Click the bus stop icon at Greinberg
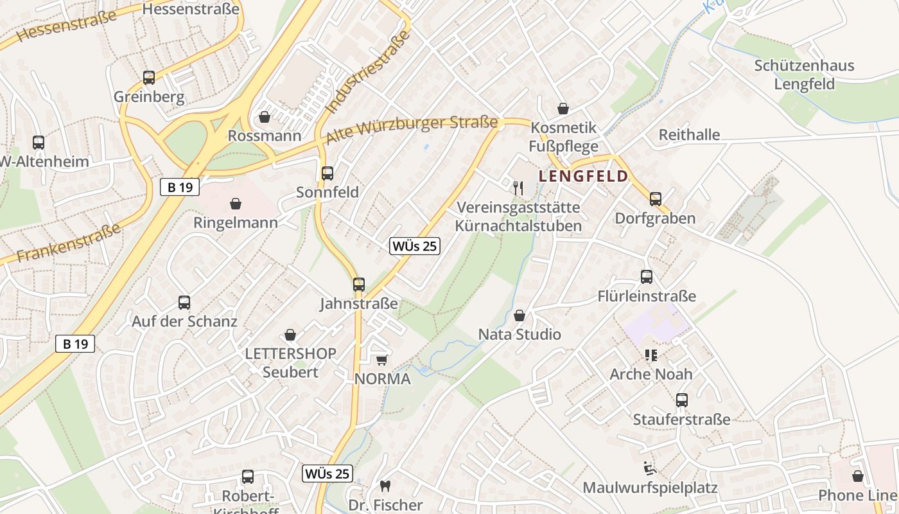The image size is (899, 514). tap(149, 78)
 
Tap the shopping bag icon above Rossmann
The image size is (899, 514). tap(264, 117)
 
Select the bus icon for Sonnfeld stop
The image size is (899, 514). tap(327, 173)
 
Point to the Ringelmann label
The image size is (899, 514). tap(236, 223)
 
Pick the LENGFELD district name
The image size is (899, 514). tap(583, 176)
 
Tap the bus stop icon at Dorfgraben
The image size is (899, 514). tap(655, 199)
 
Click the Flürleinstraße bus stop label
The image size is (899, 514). tap(646, 296)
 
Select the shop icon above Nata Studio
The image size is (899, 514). tap(519, 315)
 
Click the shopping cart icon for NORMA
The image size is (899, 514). tap(382, 360)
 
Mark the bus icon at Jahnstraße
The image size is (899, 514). tap(359, 284)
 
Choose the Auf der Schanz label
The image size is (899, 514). tap(184, 321)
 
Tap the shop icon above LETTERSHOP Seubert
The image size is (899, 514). tap(290, 335)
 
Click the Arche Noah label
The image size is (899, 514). tap(650, 374)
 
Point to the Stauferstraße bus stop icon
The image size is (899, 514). tap(682, 400)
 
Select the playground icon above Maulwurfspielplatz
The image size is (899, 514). tap(649, 468)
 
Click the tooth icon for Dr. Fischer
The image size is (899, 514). tap(385, 486)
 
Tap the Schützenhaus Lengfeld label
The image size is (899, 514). tap(804, 75)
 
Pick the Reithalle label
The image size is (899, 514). tap(689, 135)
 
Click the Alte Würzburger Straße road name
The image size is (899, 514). tap(412, 130)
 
